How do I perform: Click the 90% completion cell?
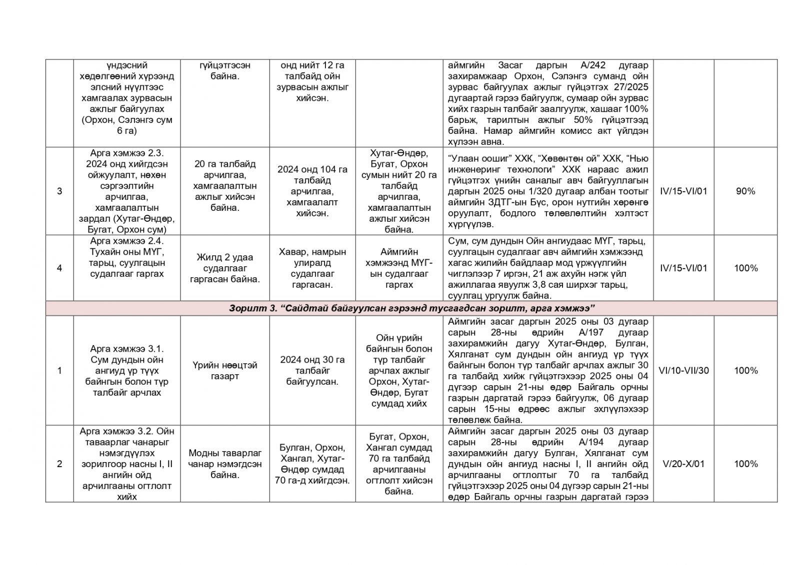pos(745,191)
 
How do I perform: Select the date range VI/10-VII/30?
pos(683,371)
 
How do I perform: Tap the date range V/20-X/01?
pos(683,464)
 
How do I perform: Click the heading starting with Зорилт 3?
pos(411,308)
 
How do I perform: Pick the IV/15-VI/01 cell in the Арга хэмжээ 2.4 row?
pos(683,268)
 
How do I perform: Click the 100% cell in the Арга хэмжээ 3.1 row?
pos(745,371)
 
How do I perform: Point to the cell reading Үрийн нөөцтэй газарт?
pos(224,371)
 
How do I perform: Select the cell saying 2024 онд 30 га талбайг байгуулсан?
pos(312,371)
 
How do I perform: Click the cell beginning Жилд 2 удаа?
pos(224,268)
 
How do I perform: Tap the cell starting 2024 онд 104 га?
pos(312,191)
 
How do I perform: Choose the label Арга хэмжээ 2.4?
pos(126,241)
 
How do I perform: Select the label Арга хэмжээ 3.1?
pos(126,349)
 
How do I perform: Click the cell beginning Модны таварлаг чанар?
pos(224,464)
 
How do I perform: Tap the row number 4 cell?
pos(59,268)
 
